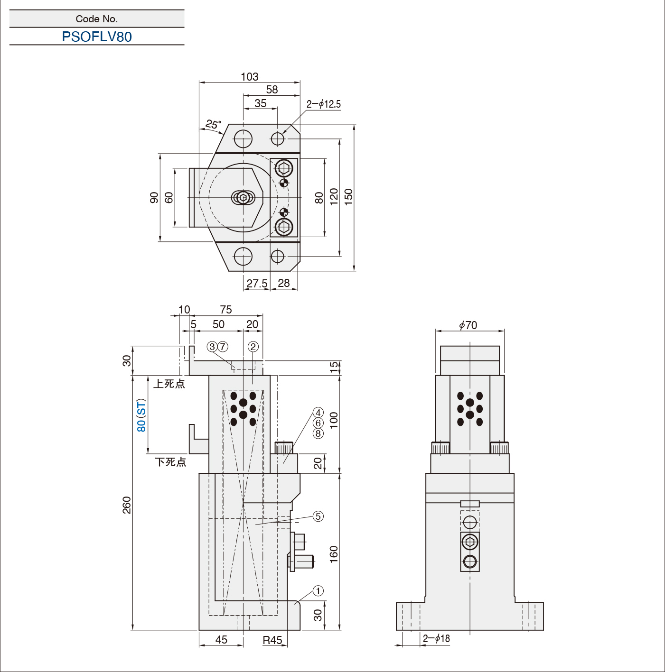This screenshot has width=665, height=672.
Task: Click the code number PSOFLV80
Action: coord(97,37)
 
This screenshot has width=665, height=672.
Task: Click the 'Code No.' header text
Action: coord(97,19)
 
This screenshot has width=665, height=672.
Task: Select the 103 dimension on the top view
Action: coord(249,77)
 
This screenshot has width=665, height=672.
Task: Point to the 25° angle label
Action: coord(213,124)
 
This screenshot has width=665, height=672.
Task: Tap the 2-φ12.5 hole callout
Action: coord(323,104)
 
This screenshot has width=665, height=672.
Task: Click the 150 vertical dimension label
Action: coord(349,197)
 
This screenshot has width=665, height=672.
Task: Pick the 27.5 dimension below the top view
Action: coord(257,283)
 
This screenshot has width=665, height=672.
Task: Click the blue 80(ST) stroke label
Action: coord(141,415)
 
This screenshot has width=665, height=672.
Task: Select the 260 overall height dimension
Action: coord(127,505)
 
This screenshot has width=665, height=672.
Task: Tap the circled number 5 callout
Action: coord(318,516)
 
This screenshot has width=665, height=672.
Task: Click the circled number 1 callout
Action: coord(318,591)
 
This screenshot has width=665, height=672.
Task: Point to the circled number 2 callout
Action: coord(253,347)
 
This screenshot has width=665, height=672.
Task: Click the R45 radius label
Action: coord(272,640)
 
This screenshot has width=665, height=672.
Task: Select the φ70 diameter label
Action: coord(468,325)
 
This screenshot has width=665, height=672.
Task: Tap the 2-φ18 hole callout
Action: coord(436,639)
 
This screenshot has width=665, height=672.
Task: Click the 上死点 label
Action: coord(169,384)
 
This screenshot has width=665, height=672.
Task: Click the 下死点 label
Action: coord(170,462)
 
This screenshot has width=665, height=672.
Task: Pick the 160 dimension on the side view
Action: coord(334,554)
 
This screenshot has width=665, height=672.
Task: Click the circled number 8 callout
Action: coord(318,433)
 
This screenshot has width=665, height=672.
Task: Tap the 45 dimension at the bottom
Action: coord(221,640)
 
